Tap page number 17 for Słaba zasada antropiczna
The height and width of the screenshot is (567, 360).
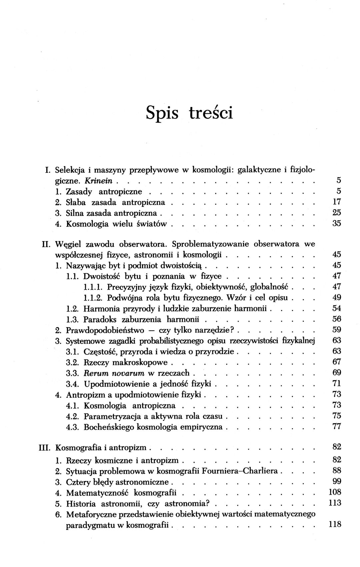(337, 202)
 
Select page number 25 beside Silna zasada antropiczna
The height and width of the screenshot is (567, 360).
(337, 213)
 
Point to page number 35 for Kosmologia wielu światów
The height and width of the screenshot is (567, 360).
(337, 224)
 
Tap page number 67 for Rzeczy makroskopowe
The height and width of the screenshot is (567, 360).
(337, 362)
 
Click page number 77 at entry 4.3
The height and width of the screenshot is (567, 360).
(337, 426)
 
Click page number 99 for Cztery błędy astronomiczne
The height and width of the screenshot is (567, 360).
(337, 481)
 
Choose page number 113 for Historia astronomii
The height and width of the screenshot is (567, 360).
(335, 503)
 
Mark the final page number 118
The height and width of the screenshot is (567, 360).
(335, 524)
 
